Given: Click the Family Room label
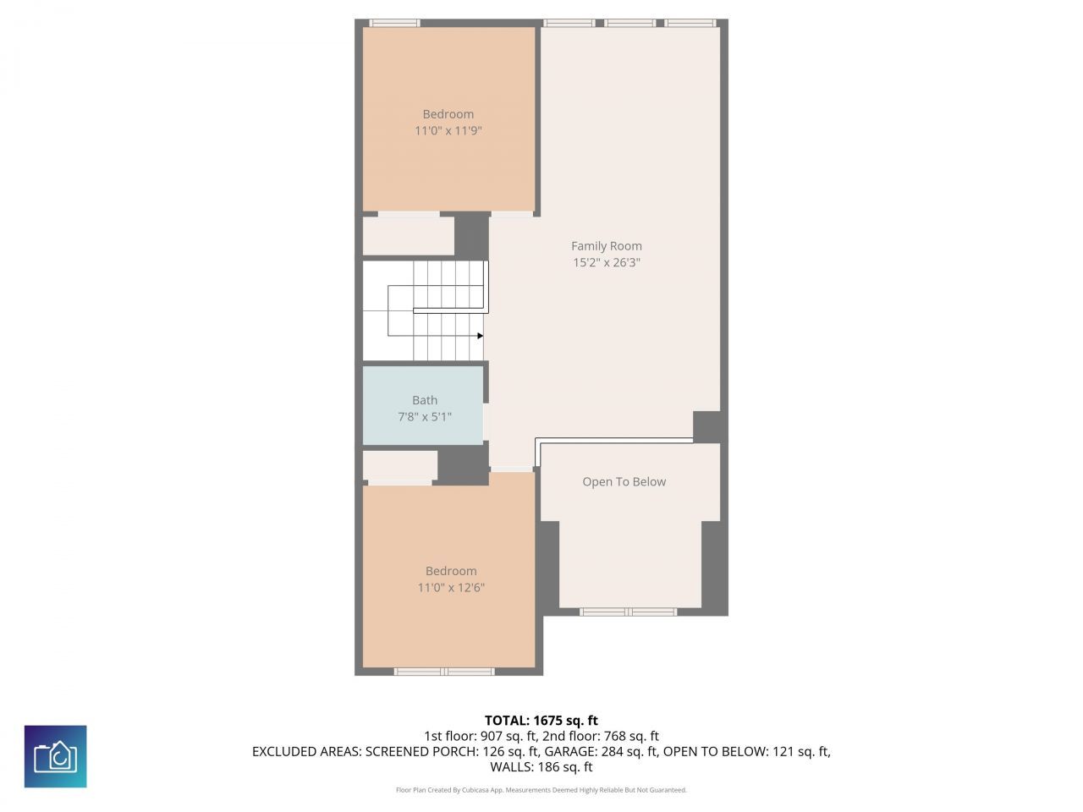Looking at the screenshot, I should (x=606, y=246).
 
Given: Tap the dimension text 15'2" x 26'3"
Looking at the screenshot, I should (x=606, y=262).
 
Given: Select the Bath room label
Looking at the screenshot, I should (x=425, y=400).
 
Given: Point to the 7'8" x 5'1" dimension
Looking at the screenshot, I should (x=425, y=417).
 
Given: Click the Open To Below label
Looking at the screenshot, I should (x=624, y=481).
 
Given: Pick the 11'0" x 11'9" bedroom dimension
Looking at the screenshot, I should (x=448, y=131).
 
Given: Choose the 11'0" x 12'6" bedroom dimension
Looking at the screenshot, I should (x=451, y=588).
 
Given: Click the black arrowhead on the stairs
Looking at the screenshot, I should (x=480, y=336).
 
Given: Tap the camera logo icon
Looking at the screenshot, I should (x=55, y=756).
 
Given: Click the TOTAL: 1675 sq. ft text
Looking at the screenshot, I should (x=541, y=721).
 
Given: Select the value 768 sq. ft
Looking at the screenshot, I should (x=624, y=736).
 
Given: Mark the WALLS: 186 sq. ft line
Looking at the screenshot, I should (x=541, y=767).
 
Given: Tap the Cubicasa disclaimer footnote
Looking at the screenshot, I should (x=541, y=790).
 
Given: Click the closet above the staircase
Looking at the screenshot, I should (x=409, y=236).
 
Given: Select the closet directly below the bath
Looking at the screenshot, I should (x=399, y=466).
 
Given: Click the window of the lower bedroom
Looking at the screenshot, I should (x=444, y=672).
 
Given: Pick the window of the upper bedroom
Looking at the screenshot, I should (x=394, y=23).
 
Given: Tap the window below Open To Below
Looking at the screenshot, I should (x=628, y=612).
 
